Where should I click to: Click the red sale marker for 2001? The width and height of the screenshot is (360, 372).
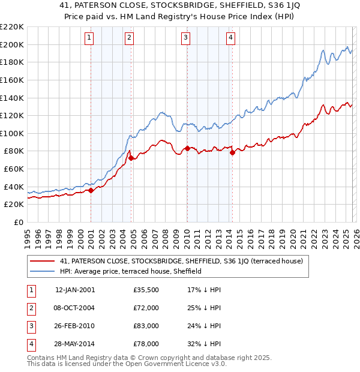click(x=91, y=190)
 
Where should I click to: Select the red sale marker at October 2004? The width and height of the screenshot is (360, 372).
click(x=131, y=158)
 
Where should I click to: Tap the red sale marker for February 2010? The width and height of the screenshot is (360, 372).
click(x=187, y=148)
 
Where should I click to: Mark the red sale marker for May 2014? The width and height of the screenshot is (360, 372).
click(x=232, y=152)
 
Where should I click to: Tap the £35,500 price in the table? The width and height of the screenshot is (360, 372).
click(x=146, y=290)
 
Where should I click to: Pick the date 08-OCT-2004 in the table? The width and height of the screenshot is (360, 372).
click(x=74, y=308)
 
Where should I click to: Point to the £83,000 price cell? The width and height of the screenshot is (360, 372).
click(x=146, y=326)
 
